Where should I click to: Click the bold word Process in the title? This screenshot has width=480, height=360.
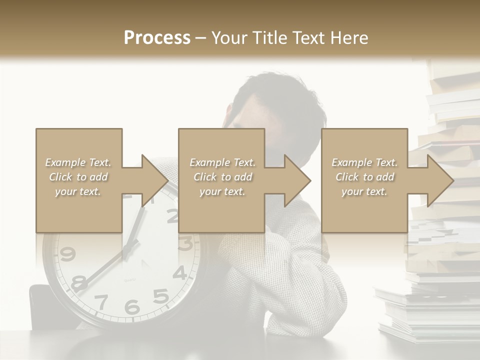[x=157, y=38]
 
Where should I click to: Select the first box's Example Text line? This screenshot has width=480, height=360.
[x=78, y=162]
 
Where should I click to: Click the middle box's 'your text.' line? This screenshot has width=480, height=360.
[x=222, y=191]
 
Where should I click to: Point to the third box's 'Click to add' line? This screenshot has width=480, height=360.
[x=364, y=177]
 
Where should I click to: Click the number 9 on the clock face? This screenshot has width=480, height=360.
[x=67, y=254]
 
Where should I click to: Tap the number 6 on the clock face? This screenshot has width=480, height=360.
[x=132, y=306]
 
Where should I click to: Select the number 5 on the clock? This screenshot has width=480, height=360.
[x=160, y=296]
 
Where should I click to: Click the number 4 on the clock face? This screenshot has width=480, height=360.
[x=180, y=273]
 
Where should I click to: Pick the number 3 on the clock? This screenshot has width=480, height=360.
[x=185, y=244]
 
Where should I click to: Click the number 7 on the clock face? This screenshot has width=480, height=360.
[x=101, y=301]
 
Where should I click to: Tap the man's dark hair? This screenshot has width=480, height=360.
[x=280, y=95]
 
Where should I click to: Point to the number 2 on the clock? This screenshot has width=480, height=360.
[x=172, y=215]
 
